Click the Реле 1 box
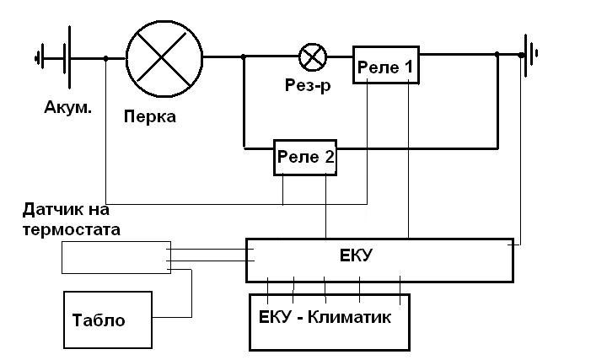(385, 66)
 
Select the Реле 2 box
(304, 157)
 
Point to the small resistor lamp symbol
(314, 57)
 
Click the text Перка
(149, 116)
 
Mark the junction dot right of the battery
(105, 58)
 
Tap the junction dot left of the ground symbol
(497, 56)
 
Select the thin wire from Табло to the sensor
(191, 295)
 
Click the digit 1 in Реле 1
(408, 67)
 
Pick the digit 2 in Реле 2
(328, 157)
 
